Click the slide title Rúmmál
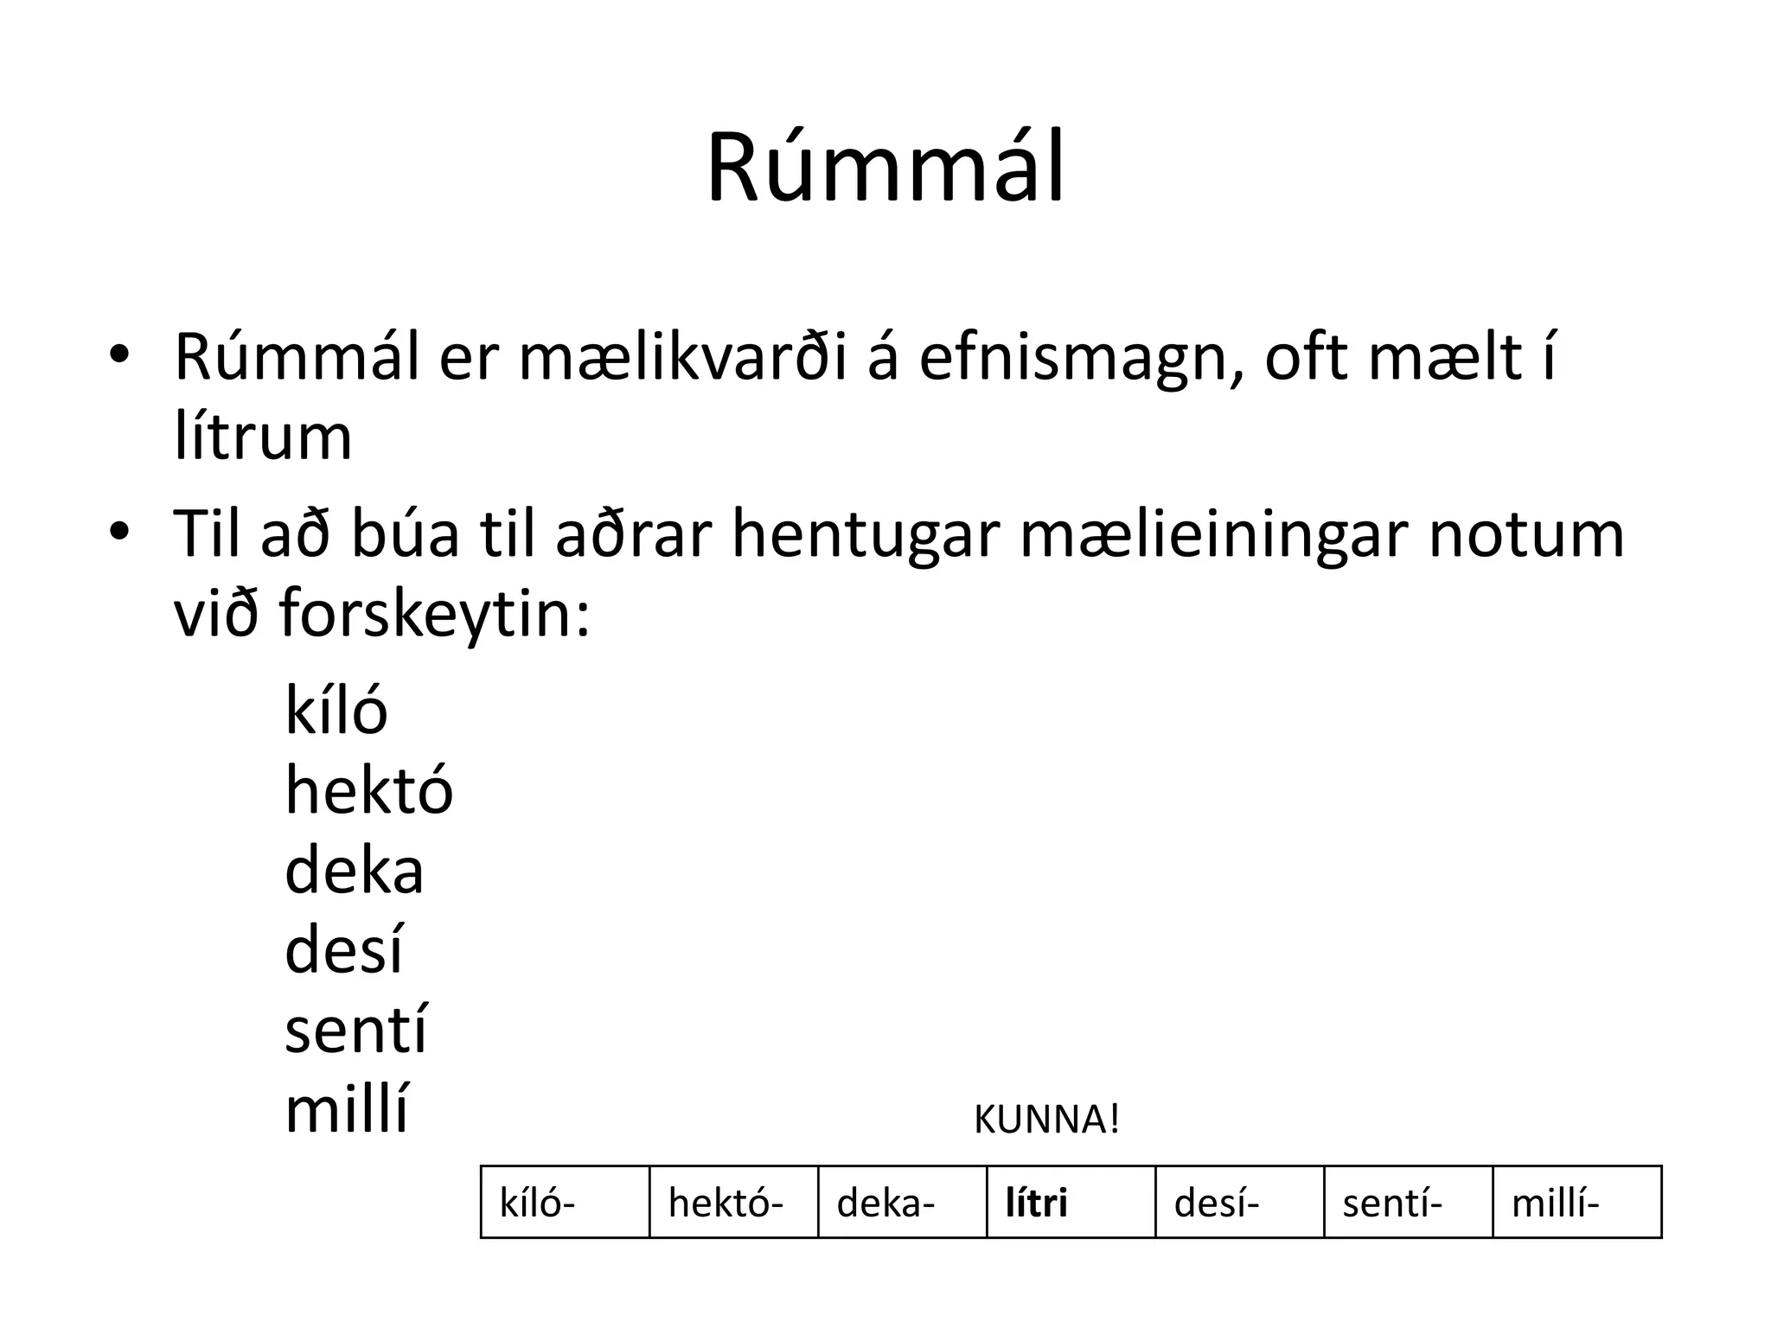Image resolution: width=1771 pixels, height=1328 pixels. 885,169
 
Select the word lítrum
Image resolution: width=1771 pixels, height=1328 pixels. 263,437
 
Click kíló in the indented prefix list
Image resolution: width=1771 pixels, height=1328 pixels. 336,711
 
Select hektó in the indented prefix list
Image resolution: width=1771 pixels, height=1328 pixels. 368,790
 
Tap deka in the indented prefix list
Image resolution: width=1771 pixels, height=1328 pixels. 354,871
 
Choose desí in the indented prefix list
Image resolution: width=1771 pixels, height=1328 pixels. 343,950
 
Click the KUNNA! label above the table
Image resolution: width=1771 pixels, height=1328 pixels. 1046,1120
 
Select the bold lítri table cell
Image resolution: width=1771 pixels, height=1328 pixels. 1071,1203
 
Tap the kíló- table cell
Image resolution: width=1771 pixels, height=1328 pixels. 565,1203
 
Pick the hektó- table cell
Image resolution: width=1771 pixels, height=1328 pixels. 733,1203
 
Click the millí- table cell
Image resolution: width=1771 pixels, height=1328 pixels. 1576,1203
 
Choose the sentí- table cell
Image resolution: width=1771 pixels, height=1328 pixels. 1408,1203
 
